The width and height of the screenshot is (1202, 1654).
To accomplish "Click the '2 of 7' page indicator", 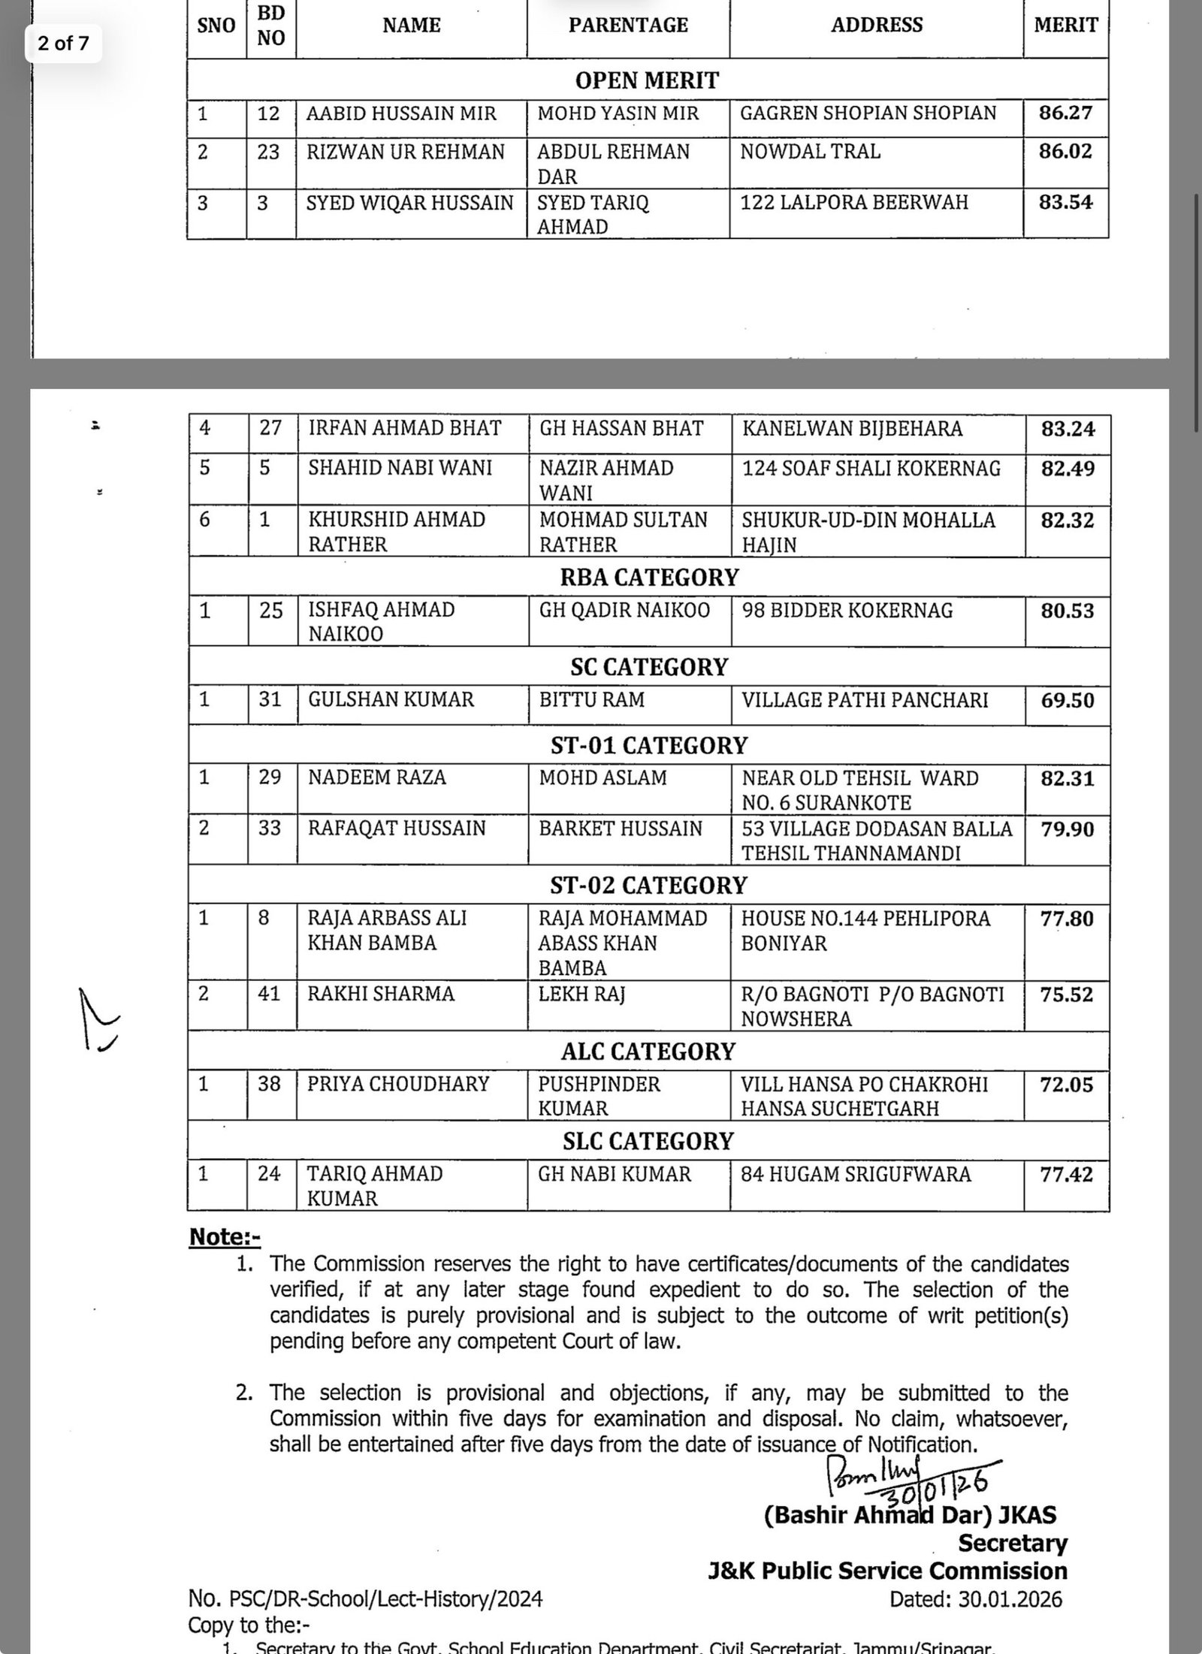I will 63,44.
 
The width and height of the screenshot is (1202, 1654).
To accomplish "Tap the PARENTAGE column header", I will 628,26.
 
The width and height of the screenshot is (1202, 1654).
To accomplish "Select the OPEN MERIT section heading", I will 647,80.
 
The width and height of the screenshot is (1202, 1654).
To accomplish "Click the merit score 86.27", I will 1065,113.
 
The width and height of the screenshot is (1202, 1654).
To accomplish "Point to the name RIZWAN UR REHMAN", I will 406,152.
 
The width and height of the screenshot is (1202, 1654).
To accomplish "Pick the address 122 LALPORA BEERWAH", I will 854,203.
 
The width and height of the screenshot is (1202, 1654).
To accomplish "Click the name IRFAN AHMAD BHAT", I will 405,428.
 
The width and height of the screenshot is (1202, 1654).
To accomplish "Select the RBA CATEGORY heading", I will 649,577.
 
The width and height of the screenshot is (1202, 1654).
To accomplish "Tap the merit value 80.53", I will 1067,611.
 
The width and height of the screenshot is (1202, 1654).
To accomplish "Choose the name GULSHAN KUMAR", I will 391,700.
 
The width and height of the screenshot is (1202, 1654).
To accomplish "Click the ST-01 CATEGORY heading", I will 648,745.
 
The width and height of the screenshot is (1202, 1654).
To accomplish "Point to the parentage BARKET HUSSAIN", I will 621,829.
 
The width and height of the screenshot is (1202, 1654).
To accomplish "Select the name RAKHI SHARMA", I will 381,994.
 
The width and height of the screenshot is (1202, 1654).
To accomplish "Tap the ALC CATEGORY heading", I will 648,1052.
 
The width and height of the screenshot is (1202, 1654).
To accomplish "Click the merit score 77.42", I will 1067,1174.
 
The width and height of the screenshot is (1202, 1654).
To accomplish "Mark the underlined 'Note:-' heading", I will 225,1237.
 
